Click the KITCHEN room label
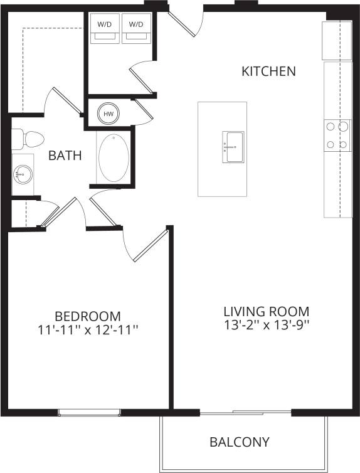(268, 71)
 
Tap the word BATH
(65, 155)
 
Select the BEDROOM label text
(88, 316)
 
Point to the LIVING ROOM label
(267, 311)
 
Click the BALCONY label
(240, 442)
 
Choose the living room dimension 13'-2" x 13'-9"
(267, 326)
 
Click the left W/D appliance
(104, 29)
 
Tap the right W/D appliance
(135, 29)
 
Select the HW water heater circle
(109, 114)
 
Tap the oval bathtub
(114, 157)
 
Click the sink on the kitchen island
(233, 147)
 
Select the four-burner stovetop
(337, 136)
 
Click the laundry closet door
(142, 78)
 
